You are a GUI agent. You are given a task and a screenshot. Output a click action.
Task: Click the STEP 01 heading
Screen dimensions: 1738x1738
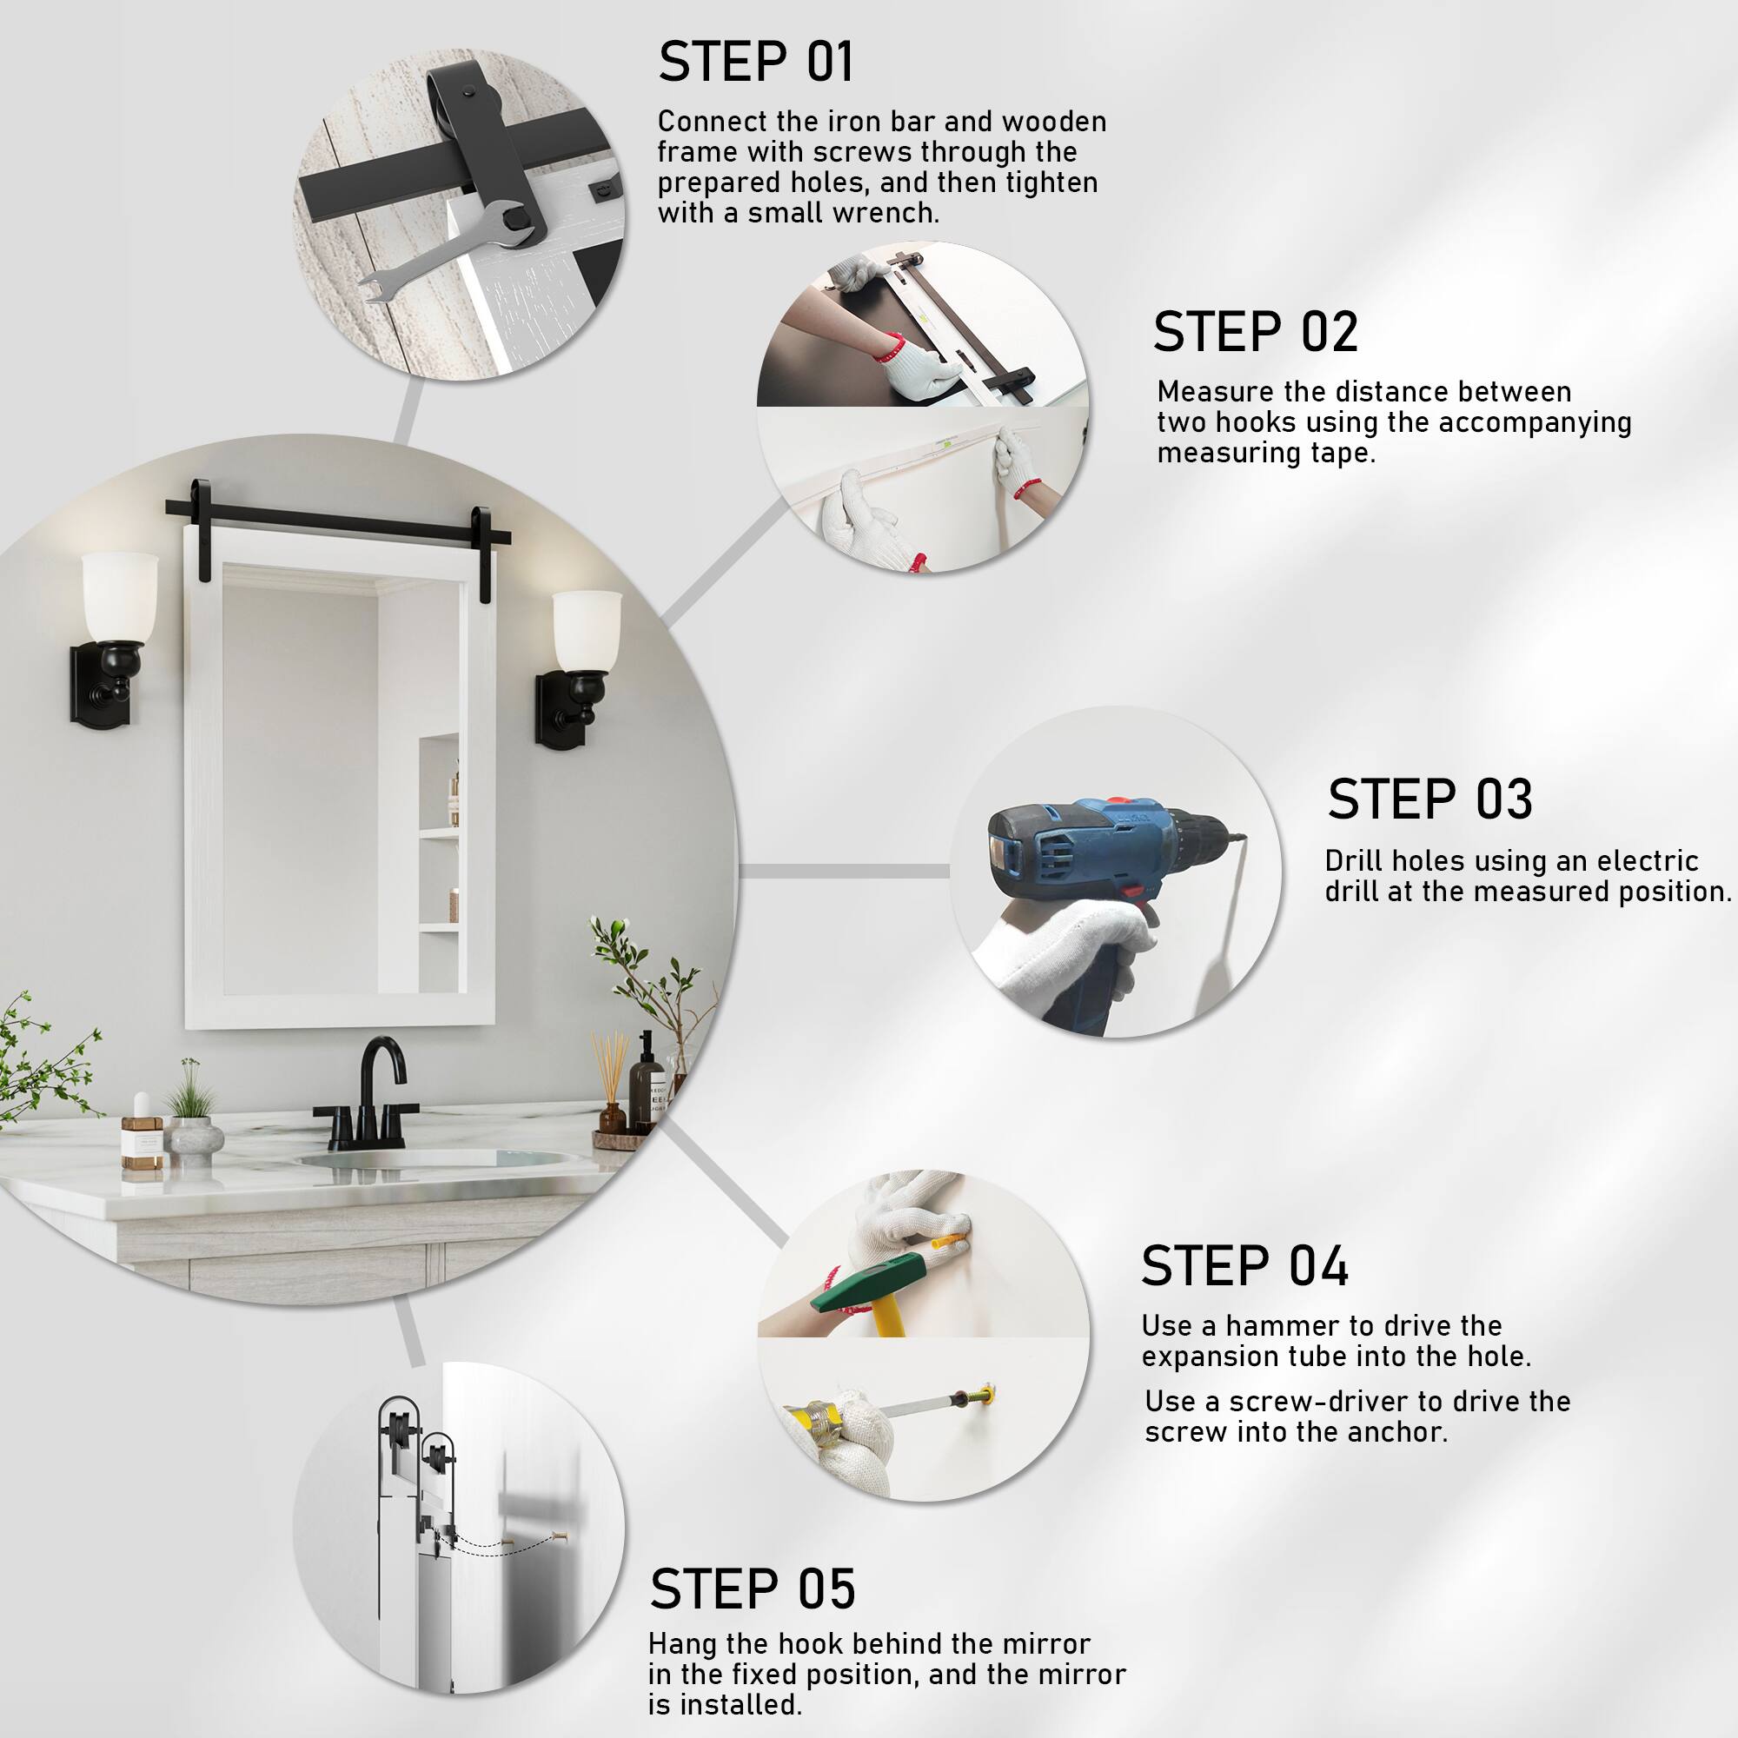756,62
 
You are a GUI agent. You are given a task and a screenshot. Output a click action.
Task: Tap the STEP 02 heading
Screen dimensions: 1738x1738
1255,332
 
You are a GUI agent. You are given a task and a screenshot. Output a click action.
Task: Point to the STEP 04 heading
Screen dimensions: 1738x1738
1245,1266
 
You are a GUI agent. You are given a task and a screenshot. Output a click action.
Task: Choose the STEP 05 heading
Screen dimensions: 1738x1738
752,1589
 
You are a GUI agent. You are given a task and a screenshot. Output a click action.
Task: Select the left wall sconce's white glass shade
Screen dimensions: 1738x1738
119,597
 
